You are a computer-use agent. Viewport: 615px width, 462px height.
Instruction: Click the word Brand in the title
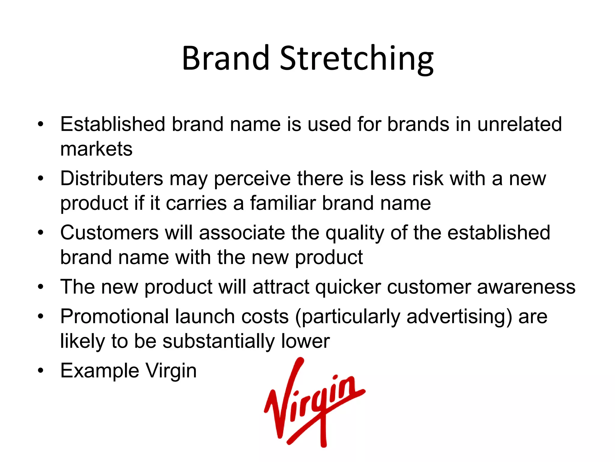(225, 59)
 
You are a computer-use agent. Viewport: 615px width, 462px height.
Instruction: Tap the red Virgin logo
(314, 402)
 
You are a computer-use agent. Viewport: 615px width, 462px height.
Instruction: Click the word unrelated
(520, 124)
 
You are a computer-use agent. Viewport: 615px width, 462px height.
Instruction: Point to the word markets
(96, 149)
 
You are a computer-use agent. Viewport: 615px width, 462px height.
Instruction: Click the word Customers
(109, 233)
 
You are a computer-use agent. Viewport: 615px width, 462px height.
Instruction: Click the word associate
(242, 233)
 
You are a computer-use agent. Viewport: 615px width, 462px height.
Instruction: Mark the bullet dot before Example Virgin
(41, 371)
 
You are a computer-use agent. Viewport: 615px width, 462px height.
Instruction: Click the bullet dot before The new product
(41, 287)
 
